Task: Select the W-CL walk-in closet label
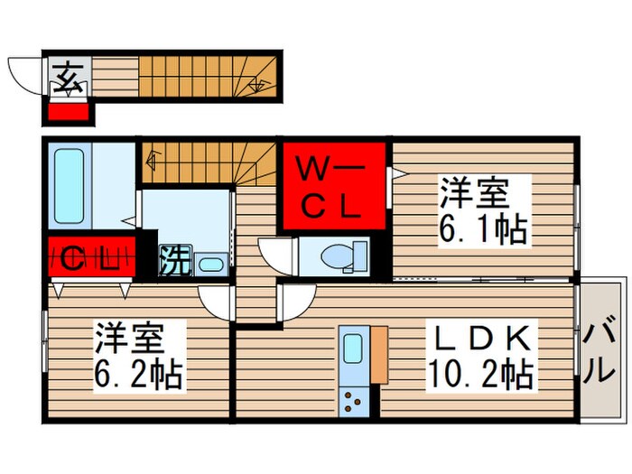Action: (331, 187)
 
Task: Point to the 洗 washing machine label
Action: (175, 260)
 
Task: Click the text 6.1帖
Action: (483, 231)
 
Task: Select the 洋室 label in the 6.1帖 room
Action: (474, 194)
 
